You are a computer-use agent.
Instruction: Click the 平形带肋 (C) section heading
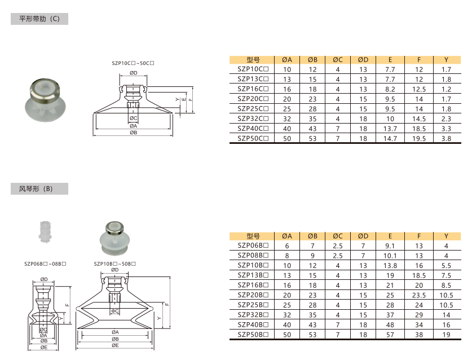coord(39,19)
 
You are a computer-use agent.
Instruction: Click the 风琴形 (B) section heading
coord(36,189)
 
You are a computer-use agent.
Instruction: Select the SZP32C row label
coord(253,118)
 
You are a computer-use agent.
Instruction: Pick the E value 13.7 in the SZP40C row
coord(390,129)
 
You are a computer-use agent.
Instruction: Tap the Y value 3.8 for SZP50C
coord(446,139)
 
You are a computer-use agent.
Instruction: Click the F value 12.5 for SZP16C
coord(419,90)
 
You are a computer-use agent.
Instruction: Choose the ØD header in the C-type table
coord(363,60)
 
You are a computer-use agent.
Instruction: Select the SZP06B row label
coord(253,245)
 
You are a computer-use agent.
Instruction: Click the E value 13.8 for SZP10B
coord(390,266)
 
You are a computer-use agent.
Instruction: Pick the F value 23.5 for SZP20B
coord(419,296)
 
